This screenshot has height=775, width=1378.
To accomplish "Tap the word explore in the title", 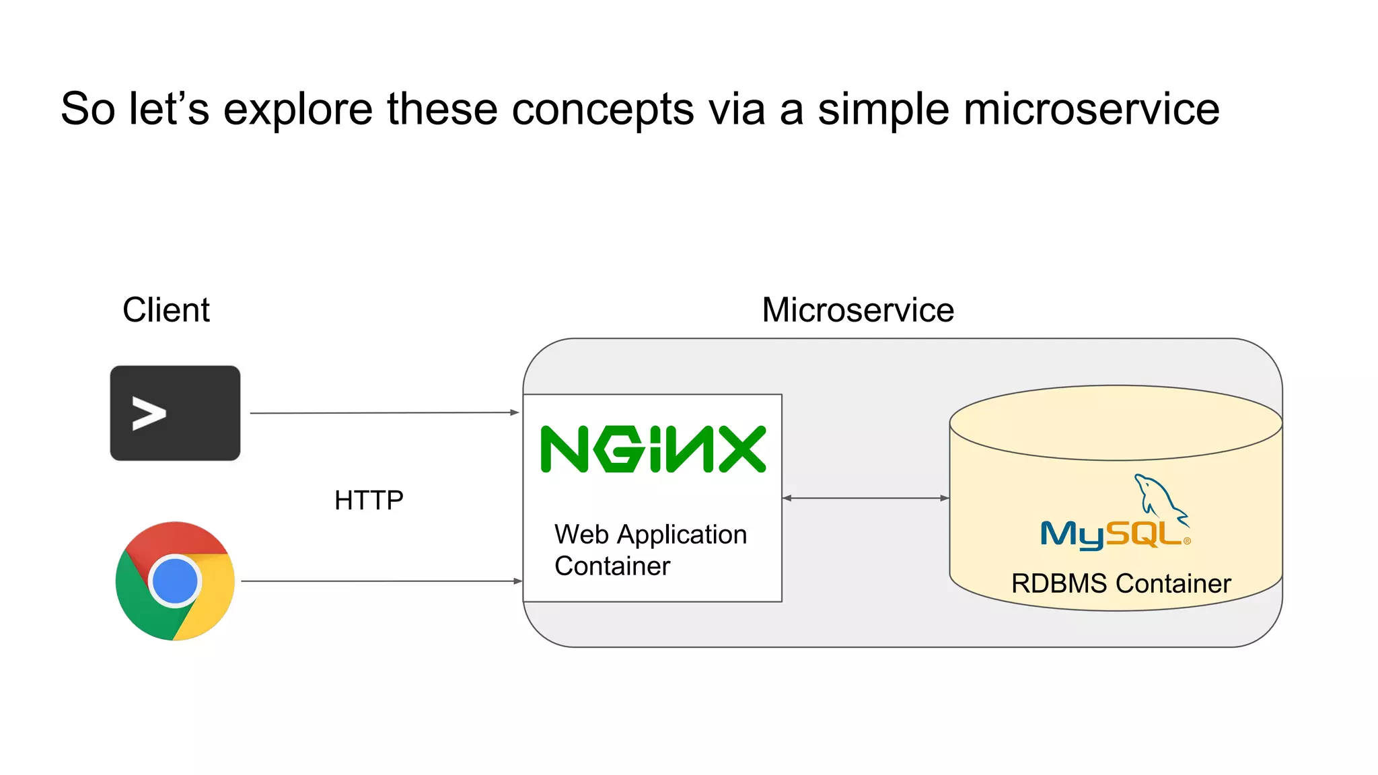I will [297, 110].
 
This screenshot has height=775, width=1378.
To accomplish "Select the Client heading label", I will [166, 310].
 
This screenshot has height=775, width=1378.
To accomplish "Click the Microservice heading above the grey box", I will [857, 310].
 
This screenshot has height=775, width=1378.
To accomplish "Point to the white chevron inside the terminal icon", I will [149, 413].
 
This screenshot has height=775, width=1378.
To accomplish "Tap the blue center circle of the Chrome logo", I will [175, 581].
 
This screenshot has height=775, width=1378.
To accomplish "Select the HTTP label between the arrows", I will [369, 501].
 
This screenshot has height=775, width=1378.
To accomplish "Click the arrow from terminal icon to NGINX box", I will [384, 412].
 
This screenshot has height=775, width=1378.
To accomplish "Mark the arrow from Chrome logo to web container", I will [381, 581].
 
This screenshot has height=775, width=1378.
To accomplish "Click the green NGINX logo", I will [653, 449].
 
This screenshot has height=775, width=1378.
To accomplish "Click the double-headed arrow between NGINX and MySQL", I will [865, 498].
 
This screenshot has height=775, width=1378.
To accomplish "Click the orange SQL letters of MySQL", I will [1144, 534].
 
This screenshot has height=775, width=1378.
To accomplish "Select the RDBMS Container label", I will [1121, 583].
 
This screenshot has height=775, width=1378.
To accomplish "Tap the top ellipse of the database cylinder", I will [1116, 422].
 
